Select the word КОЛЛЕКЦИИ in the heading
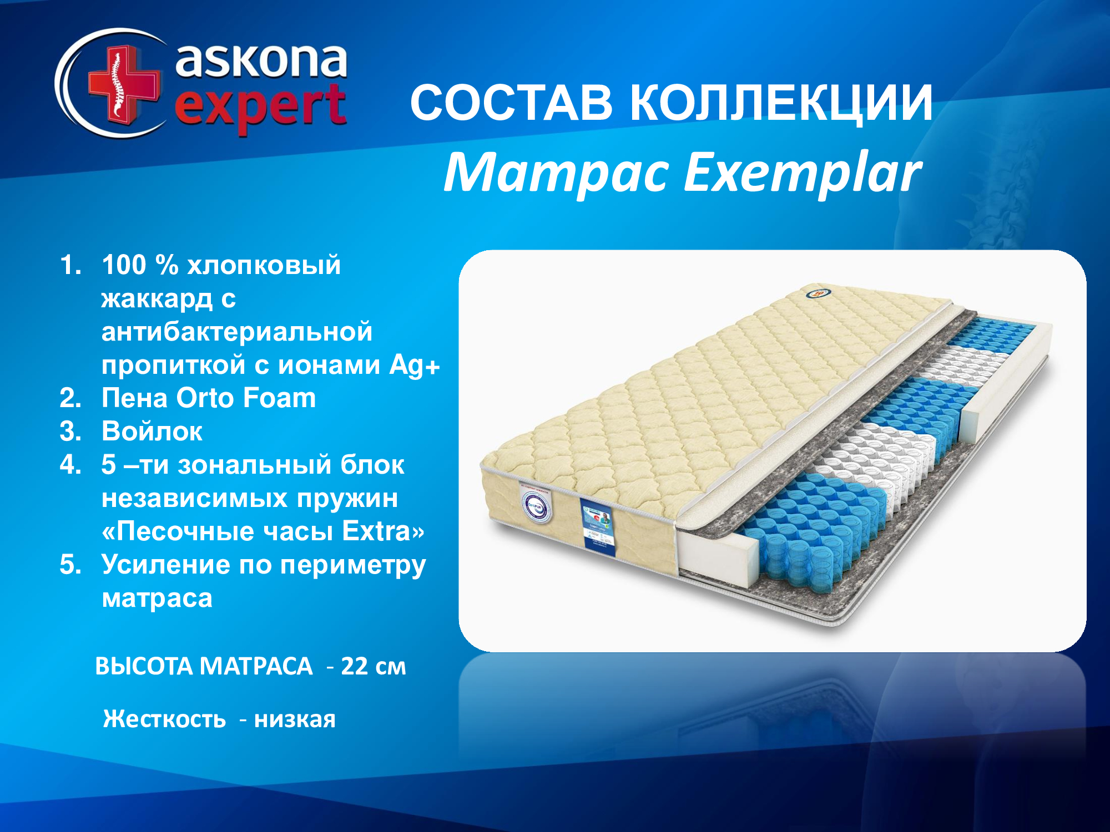[782, 104]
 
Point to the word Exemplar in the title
[802, 174]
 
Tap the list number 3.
[70, 432]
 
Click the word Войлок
[152, 431]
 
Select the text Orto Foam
[246, 398]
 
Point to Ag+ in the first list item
[415, 365]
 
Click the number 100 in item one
[124, 265]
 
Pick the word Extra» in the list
[384, 531]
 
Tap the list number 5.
[70, 565]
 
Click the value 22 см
[374, 666]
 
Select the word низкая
[295, 719]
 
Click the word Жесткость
[165, 719]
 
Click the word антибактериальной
[237, 332]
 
